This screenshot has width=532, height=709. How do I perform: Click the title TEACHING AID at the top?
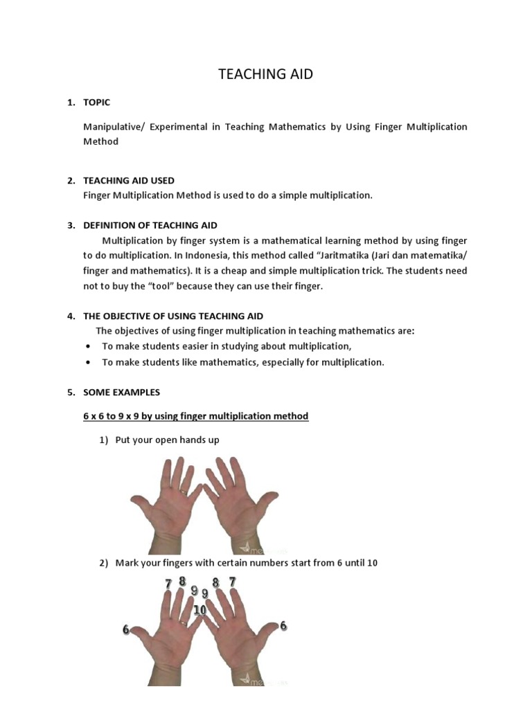[265, 74]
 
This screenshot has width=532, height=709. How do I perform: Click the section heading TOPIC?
[96, 102]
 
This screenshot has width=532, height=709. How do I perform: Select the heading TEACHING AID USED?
[129, 181]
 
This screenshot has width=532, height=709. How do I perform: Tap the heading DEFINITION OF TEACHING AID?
[150, 226]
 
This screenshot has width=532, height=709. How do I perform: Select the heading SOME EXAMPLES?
[121, 393]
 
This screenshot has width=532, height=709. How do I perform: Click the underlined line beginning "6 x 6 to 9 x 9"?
[195, 416]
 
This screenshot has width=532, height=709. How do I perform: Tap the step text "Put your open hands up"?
[167, 440]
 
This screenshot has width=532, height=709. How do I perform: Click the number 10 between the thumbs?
[200, 610]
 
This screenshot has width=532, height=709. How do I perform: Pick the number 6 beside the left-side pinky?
[126, 629]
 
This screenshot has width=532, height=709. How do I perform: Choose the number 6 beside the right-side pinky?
[283, 626]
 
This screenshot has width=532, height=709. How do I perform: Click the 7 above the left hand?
[168, 584]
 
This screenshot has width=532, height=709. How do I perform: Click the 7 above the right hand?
[233, 582]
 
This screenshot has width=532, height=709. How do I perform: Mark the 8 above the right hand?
[216, 584]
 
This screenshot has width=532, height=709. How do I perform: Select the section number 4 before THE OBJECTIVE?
[71, 316]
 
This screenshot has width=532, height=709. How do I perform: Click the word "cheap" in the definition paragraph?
[277, 271]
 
